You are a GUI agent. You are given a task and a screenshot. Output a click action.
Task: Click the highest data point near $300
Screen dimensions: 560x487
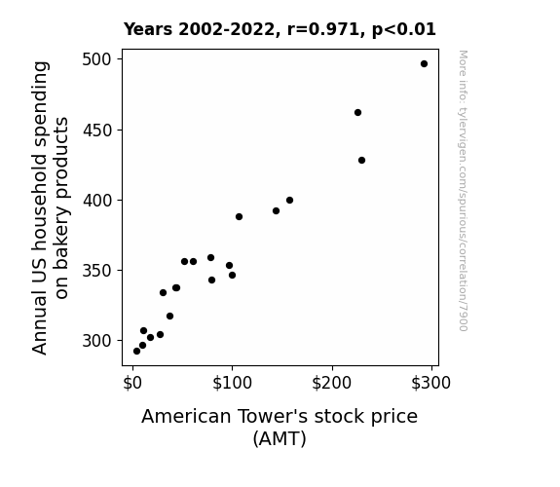(x=424, y=64)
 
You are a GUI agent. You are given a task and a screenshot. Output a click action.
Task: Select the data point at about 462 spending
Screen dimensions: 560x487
(x=357, y=113)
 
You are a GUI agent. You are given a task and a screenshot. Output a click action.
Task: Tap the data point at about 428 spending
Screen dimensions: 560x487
(x=361, y=161)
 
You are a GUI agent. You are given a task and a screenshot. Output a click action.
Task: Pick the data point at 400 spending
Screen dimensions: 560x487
(x=289, y=200)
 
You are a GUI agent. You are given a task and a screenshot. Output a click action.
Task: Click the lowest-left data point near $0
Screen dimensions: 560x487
(x=136, y=352)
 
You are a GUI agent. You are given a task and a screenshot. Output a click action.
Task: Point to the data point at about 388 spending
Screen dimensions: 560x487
(x=239, y=217)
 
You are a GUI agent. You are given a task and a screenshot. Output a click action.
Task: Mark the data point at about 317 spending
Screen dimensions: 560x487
(x=170, y=317)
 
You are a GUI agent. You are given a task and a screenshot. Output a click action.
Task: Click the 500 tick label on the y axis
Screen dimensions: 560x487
(x=96, y=59)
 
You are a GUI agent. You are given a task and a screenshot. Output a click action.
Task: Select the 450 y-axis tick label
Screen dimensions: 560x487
(x=96, y=131)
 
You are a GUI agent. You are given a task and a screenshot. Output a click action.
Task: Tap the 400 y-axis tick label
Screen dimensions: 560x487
(x=96, y=201)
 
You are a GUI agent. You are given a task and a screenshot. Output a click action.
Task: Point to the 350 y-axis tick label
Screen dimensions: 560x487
(x=96, y=271)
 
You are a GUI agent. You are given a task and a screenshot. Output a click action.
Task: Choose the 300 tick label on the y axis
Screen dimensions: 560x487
(x=96, y=341)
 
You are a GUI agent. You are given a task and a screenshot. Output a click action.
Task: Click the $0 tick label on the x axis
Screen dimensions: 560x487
(x=132, y=383)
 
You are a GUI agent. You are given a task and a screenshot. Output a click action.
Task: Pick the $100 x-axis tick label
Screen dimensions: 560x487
(x=232, y=383)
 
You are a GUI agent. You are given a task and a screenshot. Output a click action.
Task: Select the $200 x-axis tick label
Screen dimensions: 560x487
(x=332, y=383)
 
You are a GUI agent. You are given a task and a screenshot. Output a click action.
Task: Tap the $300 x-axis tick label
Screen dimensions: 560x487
(x=431, y=383)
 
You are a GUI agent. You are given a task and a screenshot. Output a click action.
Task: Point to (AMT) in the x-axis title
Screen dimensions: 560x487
(x=280, y=438)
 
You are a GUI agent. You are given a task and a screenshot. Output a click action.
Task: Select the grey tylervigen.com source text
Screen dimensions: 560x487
(x=463, y=191)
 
